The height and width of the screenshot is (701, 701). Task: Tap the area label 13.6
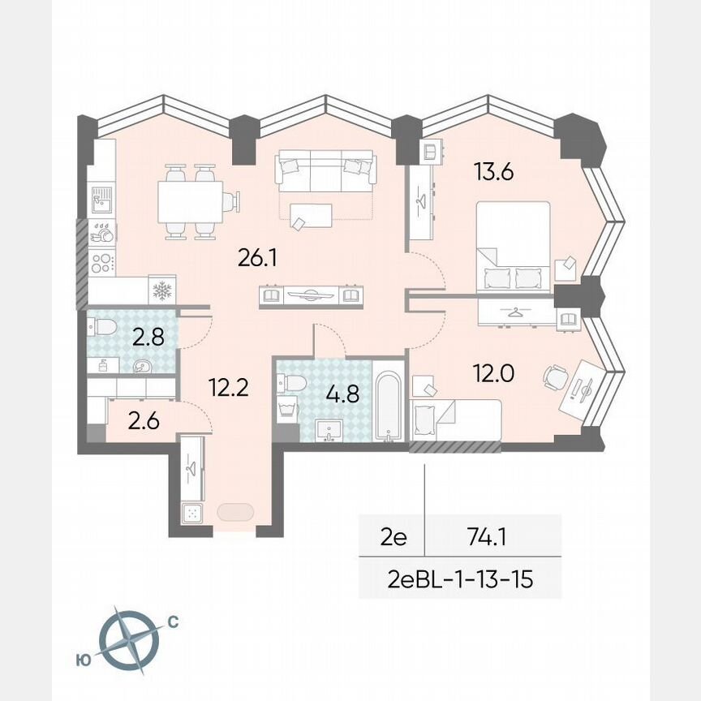[x=495, y=172]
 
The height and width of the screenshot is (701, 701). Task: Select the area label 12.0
[x=494, y=373]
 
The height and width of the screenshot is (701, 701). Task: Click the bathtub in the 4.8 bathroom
[x=389, y=405]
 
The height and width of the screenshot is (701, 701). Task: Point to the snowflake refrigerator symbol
[x=163, y=290]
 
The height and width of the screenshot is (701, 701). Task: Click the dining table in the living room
[x=191, y=203]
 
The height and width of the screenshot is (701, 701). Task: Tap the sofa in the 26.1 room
[x=323, y=171]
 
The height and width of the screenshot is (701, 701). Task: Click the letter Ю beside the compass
[x=83, y=660]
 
